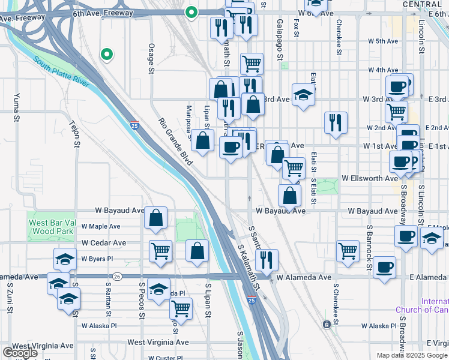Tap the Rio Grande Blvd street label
click(173, 137)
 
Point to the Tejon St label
click(76, 133)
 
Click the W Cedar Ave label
click(104, 243)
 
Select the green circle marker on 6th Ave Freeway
click(191, 12)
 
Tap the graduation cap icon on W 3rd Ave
click(304, 94)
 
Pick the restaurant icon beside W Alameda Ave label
click(267, 259)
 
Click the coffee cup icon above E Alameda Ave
click(384, 267)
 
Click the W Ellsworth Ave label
click(370, 178)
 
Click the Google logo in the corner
click(20, 353)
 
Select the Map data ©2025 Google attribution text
click(411, 355)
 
